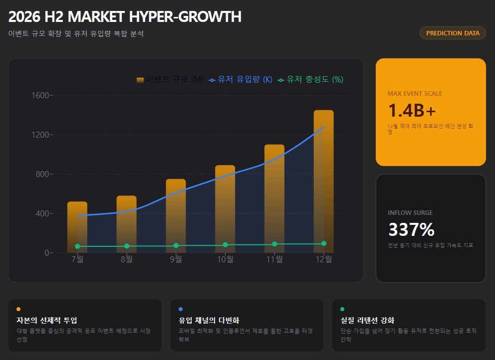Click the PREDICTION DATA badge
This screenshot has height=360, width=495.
pos(453,33)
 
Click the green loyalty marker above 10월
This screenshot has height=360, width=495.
pos(225,245)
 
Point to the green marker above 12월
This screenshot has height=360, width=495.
pos(324,243)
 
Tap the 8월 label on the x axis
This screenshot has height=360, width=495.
pos(127,259)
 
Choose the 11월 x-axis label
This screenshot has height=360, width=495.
pos(274,259)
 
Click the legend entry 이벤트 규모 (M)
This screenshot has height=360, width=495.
pos(170,80)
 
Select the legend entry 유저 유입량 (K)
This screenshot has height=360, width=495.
pos(241,80)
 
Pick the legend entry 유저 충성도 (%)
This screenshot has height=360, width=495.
pos(310,80)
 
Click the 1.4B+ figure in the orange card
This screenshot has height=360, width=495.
pos(412,110)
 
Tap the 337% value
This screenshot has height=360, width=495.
pos(411,229)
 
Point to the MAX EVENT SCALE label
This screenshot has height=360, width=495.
pos(415,93)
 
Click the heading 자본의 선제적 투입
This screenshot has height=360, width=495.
pos(47,320)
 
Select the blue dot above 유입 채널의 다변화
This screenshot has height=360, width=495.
pos(181,309)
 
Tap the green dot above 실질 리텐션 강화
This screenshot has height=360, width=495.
pos(342,309)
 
